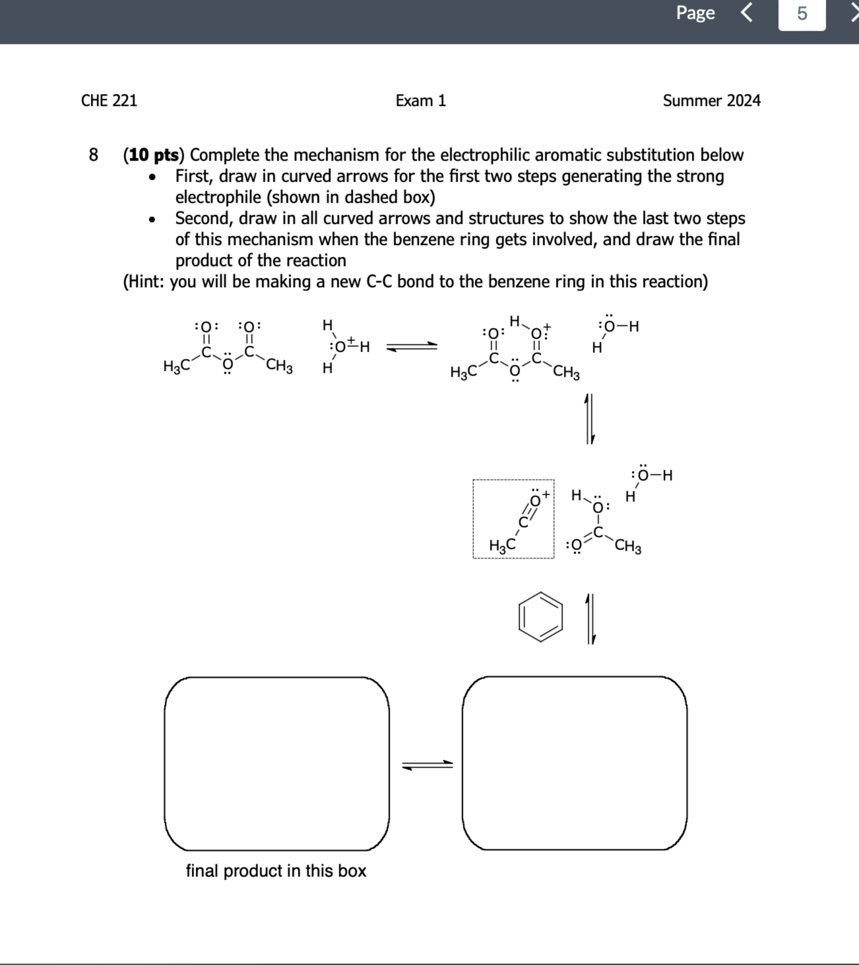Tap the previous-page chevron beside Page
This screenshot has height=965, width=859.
[746, 13]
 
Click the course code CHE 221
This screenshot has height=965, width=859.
[109, 101]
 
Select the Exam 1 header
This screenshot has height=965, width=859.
[421, 101]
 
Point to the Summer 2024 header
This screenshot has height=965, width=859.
[711, 101]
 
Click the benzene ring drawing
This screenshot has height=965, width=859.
[541, 617]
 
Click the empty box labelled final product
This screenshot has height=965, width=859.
[277, 763]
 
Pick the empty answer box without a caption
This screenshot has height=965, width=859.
[575, 763]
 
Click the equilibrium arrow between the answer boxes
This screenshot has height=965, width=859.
[427, 765]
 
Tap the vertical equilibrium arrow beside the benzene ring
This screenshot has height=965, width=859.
[590, 619]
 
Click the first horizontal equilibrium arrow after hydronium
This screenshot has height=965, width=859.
[412, 347]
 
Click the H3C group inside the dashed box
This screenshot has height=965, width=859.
[502, 546]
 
